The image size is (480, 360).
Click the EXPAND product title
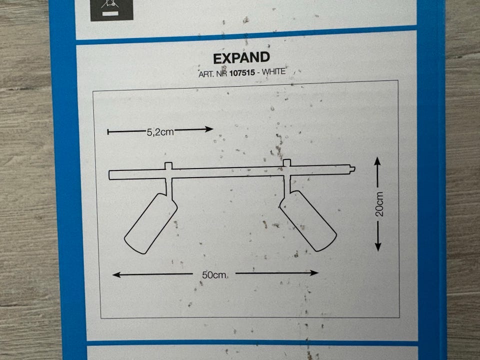point(241,58)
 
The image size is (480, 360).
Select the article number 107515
point(242,73)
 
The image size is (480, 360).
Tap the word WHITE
point(273,71)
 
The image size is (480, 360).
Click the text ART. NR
point(212,74)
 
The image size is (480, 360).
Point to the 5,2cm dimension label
point(160,132)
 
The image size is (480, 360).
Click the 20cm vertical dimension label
point(379,204)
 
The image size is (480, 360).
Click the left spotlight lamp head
point(150,223)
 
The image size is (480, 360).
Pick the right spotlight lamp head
point(308,220)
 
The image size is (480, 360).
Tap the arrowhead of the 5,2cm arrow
point(209,129)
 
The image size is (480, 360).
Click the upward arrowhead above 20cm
point(377,161)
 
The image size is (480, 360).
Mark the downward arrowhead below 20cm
point(378,246)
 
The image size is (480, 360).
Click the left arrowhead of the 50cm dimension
point(117,274)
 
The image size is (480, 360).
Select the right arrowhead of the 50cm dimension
point(314,272)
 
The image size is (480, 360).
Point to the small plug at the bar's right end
point(352,168)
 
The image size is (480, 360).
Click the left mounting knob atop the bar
point(168,166)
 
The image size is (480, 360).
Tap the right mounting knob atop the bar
point(287,163)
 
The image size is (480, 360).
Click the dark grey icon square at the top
point(111,10)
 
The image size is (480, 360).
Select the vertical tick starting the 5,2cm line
point(108,132)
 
